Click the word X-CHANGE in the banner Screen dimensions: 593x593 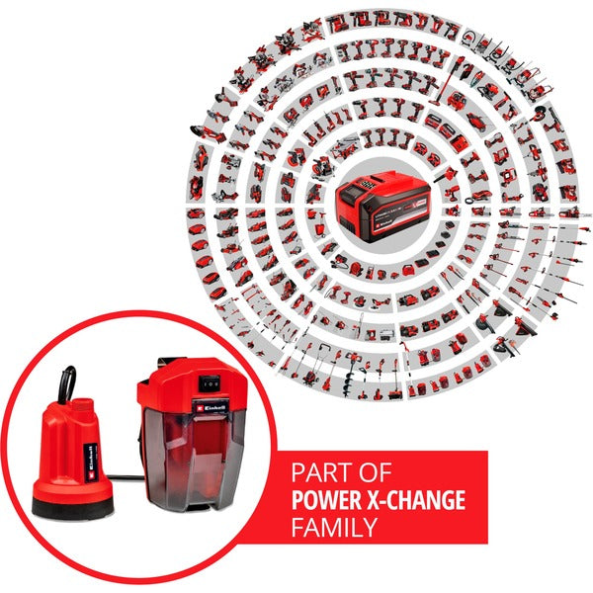422,500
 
